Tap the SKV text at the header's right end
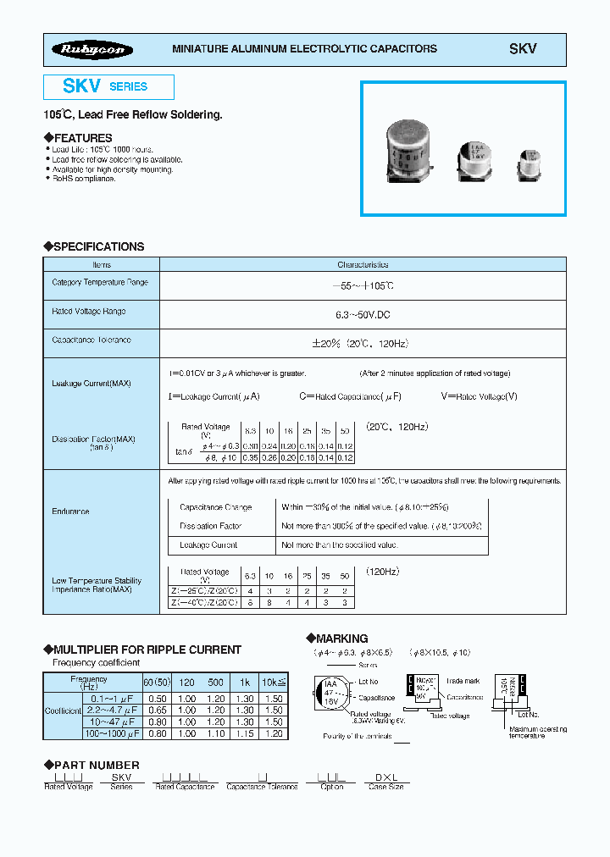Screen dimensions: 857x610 coord(522,49)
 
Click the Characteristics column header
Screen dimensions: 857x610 coord(363,265)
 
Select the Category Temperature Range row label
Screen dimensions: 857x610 coord(100,283)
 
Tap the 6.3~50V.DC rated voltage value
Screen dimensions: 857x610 coord(363,314)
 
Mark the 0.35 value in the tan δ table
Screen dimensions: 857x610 coord(250,457)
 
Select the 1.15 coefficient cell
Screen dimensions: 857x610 coord(244,733)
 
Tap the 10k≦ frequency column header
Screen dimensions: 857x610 coord(274,681)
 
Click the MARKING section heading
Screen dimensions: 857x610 coord(341,639)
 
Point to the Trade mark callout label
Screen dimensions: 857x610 coord(463,680)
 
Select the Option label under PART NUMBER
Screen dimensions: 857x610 coord(332,787)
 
